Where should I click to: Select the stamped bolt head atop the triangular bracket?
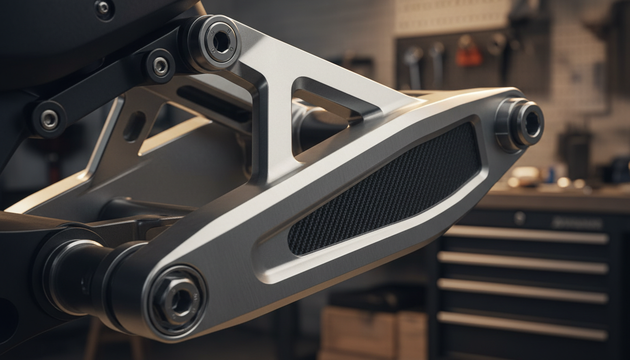(219, 42)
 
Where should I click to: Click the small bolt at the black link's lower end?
(49, 119)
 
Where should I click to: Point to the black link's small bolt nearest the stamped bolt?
(160, 66)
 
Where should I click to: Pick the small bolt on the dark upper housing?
(103, 7)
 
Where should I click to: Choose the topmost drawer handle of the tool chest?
(525, 234)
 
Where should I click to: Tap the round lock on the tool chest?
(519, 218)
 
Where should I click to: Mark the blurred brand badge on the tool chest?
(577, 224)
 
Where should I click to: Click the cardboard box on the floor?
(370, 330)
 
